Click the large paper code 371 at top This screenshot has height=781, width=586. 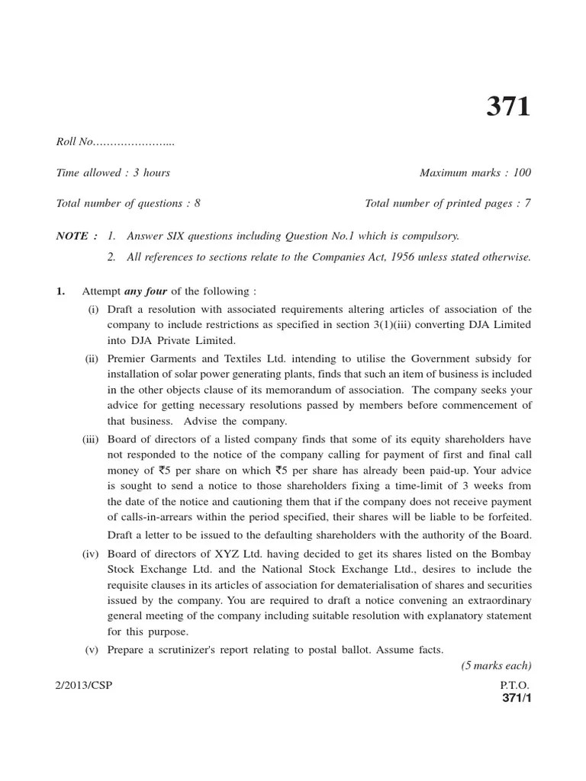507,108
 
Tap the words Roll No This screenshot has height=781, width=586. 74,142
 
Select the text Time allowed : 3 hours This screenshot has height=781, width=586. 113,173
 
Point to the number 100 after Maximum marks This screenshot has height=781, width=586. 522,173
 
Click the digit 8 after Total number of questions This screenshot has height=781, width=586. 198,204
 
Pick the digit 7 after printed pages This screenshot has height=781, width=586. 527,204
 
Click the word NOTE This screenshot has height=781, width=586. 72,236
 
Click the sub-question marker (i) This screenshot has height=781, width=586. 93,309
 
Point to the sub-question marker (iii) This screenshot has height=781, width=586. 91,440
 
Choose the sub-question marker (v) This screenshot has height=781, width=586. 92,650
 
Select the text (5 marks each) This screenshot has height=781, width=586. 496,665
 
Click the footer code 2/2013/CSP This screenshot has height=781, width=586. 84,686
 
